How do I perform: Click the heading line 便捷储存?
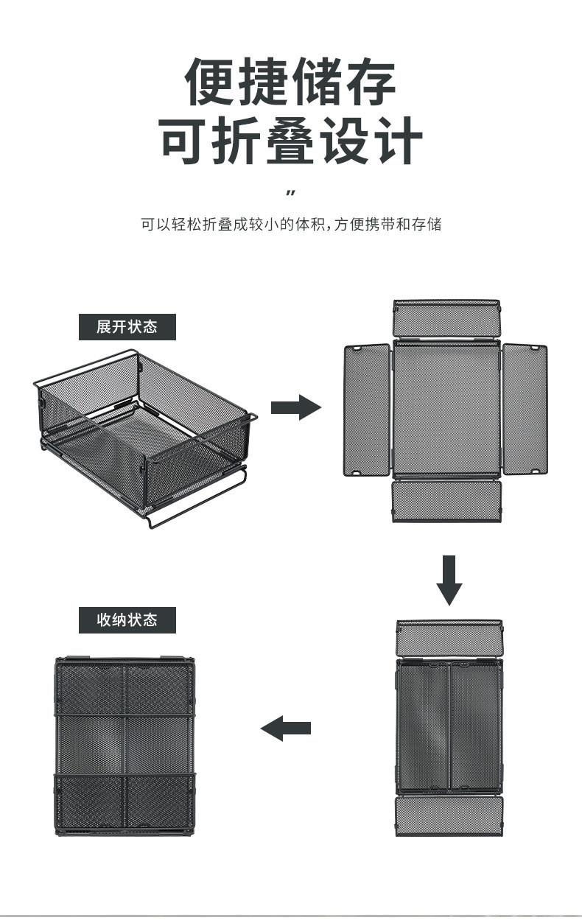pos(290,83)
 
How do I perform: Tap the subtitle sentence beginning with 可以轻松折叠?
pos(290,225)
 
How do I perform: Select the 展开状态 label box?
pos(127,326)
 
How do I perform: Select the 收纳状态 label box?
pos(127,620)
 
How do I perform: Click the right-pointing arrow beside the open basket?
pos(295,407)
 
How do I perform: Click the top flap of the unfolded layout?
pos(446,318)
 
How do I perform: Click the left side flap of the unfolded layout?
pos(367,410)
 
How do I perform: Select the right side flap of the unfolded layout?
pos(525,410)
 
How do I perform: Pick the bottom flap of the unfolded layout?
pos(446,500)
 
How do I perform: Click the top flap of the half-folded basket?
pos(449,638)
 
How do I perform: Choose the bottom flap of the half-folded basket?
pos(449,815)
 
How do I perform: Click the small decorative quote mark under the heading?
pos(290,193)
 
